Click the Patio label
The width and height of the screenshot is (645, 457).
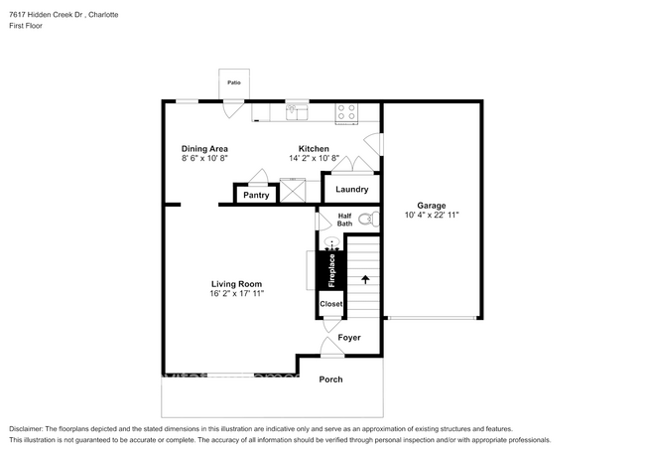coord(234,83)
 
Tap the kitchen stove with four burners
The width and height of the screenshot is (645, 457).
coord(346,112)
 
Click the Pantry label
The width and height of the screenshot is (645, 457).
coord(256,195)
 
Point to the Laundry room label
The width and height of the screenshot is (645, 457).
coord(352,190)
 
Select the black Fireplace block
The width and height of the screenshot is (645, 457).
coord(331,270)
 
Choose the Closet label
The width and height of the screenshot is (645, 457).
coord(330,304)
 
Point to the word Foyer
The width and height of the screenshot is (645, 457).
coord(349,338)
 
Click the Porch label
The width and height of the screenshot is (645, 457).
coord(330,380)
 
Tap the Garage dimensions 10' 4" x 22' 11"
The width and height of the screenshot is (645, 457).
coord(432,215)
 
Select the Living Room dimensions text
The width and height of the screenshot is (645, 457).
coord(236,294)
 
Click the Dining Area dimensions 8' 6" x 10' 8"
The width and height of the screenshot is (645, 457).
coord(204,158)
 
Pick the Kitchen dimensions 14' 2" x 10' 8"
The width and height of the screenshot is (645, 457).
coord(314,158)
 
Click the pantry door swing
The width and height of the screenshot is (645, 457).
coord(258,177)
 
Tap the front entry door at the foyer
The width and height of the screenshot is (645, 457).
coord(330,348)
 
